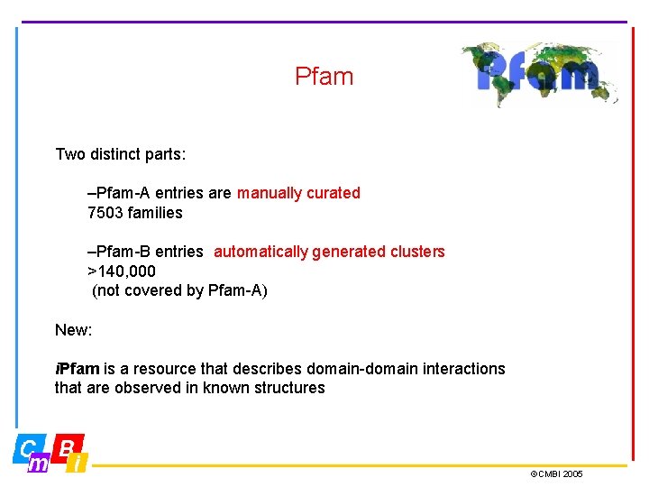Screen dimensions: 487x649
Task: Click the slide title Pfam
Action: coord(324,77)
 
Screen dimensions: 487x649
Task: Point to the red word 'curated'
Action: coord(334,193)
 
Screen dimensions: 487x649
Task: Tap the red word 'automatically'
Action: coord(261,252)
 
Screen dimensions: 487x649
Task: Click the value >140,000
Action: coord(121,271)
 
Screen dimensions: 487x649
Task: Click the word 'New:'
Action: coord(73,330)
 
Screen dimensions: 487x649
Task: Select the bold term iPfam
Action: coord(78,369)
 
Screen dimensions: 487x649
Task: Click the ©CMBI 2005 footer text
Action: coord(556,473)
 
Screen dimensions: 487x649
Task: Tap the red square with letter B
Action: coord(67,447)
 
